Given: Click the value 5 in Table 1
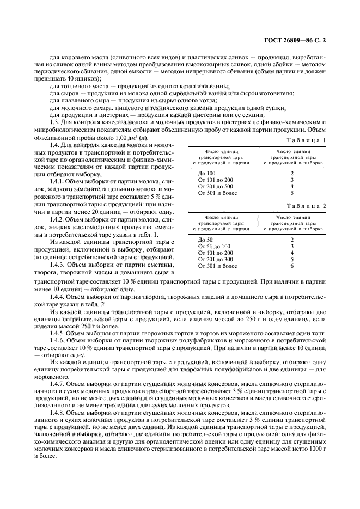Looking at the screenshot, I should [292, 193].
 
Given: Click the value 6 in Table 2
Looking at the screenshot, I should [292, 266].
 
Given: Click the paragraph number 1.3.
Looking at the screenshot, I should [56, 122].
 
